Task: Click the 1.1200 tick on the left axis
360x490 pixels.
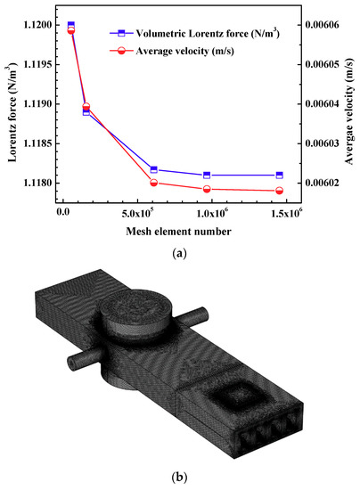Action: (37, 25)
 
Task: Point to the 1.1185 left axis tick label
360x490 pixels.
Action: (37, 143)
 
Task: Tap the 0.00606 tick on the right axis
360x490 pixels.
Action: (322, 25)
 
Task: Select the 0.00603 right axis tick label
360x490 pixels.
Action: (322, 143)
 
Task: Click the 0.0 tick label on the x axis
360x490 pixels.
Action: (63, 214)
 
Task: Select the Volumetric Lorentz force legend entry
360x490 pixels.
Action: (194, 33)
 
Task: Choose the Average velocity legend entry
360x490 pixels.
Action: (172, 51)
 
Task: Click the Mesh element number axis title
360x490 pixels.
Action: (179, 232)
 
